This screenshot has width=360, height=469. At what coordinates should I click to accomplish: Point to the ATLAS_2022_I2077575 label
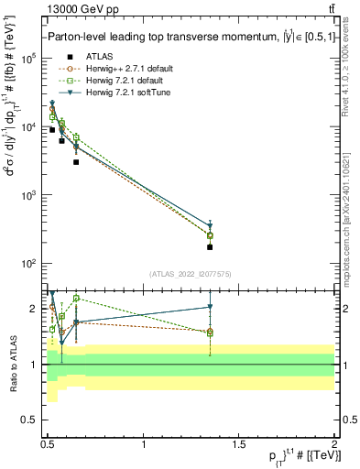click(191, 273)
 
